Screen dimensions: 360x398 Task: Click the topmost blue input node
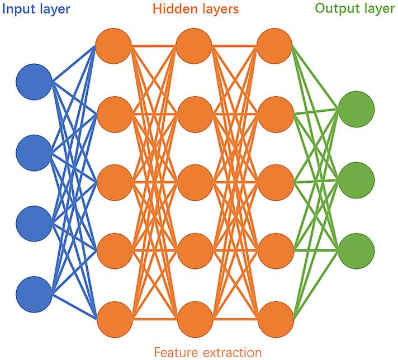(34, 82)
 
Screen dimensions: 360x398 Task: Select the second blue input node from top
(34, 152)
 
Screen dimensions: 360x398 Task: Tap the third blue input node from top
(34, 222)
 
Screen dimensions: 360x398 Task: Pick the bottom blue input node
(34, 292)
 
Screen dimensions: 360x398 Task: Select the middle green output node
(356, 180)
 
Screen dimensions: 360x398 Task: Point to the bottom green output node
(356, 250)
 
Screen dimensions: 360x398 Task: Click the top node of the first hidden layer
(114, 43)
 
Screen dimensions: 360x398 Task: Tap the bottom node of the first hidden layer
(114, 319)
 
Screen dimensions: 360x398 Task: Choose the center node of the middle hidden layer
(194, 181)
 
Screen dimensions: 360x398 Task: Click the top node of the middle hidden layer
(194, 43)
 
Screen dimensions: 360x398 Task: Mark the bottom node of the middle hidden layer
(194, 319)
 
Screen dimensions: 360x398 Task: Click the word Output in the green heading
(335, 9)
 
